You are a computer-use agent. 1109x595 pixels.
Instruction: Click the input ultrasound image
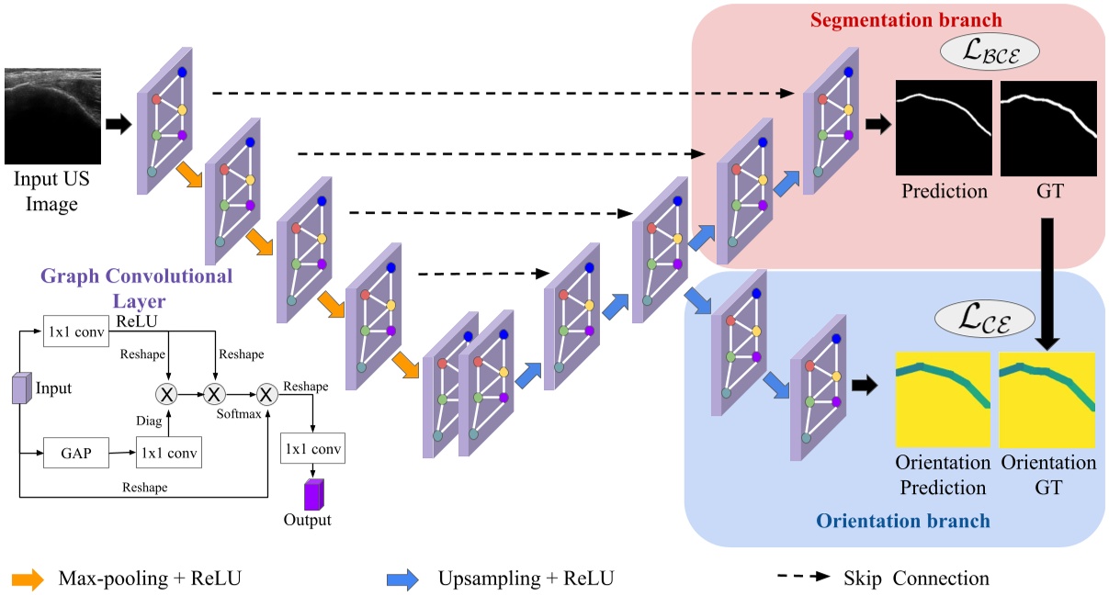51,116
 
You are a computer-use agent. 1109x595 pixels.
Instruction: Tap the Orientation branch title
903,522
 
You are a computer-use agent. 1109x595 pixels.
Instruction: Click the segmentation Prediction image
944,128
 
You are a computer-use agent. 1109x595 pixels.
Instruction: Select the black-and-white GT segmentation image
1048,128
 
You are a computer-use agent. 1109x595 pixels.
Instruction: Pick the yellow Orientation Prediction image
943,399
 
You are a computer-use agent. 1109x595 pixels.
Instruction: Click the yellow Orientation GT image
1047,399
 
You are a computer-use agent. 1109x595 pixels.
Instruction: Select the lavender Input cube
20,388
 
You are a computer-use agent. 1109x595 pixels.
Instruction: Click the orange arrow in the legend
28,578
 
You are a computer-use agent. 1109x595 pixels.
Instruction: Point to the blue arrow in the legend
402,578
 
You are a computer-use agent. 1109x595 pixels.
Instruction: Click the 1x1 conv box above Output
312,450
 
